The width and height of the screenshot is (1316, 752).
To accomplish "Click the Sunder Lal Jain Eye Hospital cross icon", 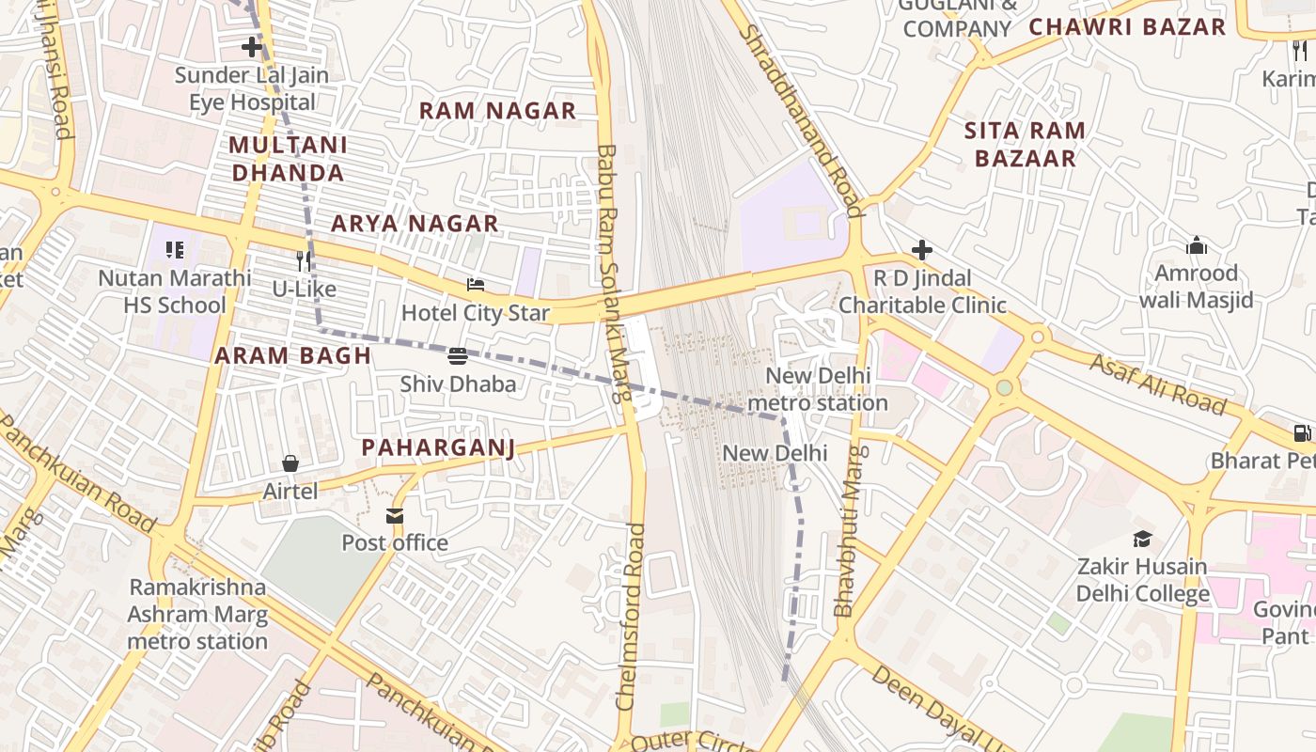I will (251, 46).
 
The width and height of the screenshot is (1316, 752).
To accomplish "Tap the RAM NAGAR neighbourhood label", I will (497, 111).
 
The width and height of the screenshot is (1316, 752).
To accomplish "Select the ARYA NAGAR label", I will (415, 224).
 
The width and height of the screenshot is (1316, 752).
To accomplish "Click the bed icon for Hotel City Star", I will (476, 285).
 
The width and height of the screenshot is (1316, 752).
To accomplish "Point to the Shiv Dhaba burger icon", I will (458, 356).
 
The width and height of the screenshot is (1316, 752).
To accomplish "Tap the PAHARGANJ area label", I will (439, 447).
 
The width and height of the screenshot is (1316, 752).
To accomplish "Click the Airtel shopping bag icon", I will (290, 463).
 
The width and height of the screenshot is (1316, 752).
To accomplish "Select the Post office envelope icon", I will (395, 516).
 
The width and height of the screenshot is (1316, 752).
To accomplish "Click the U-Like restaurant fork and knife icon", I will (304, 260).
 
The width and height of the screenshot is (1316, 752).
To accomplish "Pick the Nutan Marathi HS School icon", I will (175, 250).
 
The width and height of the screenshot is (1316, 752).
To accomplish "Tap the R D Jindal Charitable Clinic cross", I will (922, 250).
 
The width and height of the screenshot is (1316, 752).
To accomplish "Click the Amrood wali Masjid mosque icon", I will (1197, 246).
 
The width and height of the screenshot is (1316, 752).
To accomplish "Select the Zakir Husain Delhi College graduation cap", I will (1142, 540).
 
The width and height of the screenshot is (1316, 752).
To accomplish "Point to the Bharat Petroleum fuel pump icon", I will (1302, 433).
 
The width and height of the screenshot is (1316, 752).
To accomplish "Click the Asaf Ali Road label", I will (1158, 384).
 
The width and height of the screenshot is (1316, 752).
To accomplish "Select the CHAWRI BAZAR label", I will (1127, 27).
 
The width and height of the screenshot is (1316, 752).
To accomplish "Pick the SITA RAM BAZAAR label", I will (1025, 145).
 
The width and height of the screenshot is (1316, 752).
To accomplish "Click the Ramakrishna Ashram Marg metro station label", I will (198, 615).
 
